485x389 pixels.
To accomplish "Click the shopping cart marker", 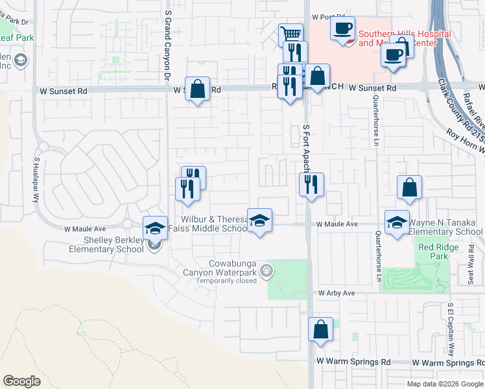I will point(290,34).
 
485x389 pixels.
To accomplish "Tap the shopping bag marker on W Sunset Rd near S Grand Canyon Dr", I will point(198,89).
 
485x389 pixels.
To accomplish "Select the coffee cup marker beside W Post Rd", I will point(342,29).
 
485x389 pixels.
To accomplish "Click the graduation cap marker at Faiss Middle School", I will point(259,221).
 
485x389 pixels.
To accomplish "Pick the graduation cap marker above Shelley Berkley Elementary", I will point(155,228).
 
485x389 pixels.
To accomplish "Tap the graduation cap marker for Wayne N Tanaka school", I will point(397,222).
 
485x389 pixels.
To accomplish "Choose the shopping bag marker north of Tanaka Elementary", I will point(409,187).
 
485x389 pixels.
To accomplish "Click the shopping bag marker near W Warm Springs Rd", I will point(320,329).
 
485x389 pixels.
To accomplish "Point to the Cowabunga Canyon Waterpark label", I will point(233,272).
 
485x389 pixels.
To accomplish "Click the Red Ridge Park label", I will point(433,252).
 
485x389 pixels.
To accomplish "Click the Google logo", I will point(22,381).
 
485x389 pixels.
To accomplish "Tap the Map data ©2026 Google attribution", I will point(444,384).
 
